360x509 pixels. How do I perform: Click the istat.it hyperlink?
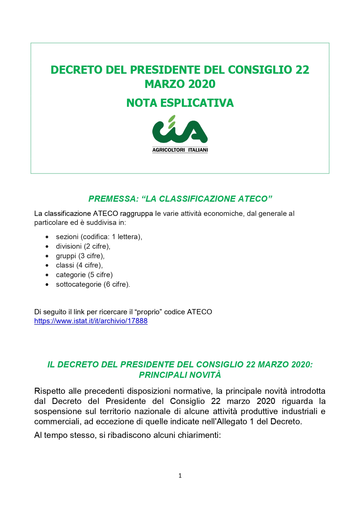tap(91, 321)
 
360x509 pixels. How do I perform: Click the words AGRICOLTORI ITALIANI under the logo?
tap(180, 150)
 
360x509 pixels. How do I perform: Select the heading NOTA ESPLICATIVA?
tap(180, 103)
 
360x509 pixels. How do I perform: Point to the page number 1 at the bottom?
tap(180, 476)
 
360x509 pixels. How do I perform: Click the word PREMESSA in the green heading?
tap(112, 199)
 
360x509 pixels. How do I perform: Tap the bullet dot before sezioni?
tap(47, 237)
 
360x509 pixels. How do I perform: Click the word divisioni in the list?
tap(68, 246)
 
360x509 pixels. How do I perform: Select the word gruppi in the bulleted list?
tap(66, 256)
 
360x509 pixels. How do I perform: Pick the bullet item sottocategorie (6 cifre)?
tap(93, 284)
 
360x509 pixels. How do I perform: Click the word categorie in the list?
tap(70, 275)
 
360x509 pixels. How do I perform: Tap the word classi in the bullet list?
tap(65, 265)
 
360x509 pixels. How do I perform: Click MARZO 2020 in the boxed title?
tap(180, 84)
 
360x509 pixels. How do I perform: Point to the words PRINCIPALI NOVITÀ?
tap(180, 375)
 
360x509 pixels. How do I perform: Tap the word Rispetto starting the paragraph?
tap(50, 391)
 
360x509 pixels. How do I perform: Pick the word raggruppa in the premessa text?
tap(136, 214)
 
